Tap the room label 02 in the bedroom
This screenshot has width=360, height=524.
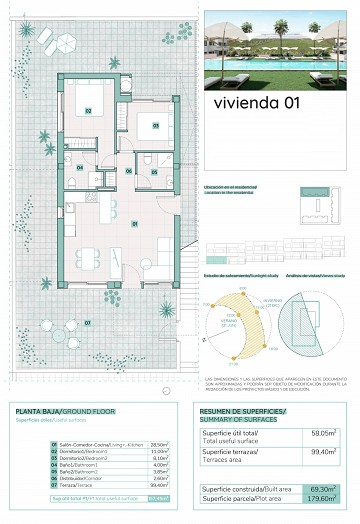pyautogui.click(x=88, y=110)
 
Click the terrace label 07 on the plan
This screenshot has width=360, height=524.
pyautogui.click(x=88, y=322)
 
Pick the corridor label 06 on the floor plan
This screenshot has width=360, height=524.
pyautogui.click(x=128, y=171)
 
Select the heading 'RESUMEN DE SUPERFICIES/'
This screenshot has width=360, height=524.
pyautogui.click(x=243, y=412)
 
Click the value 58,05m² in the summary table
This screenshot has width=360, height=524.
pyautogui.click(x=321, y=434)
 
